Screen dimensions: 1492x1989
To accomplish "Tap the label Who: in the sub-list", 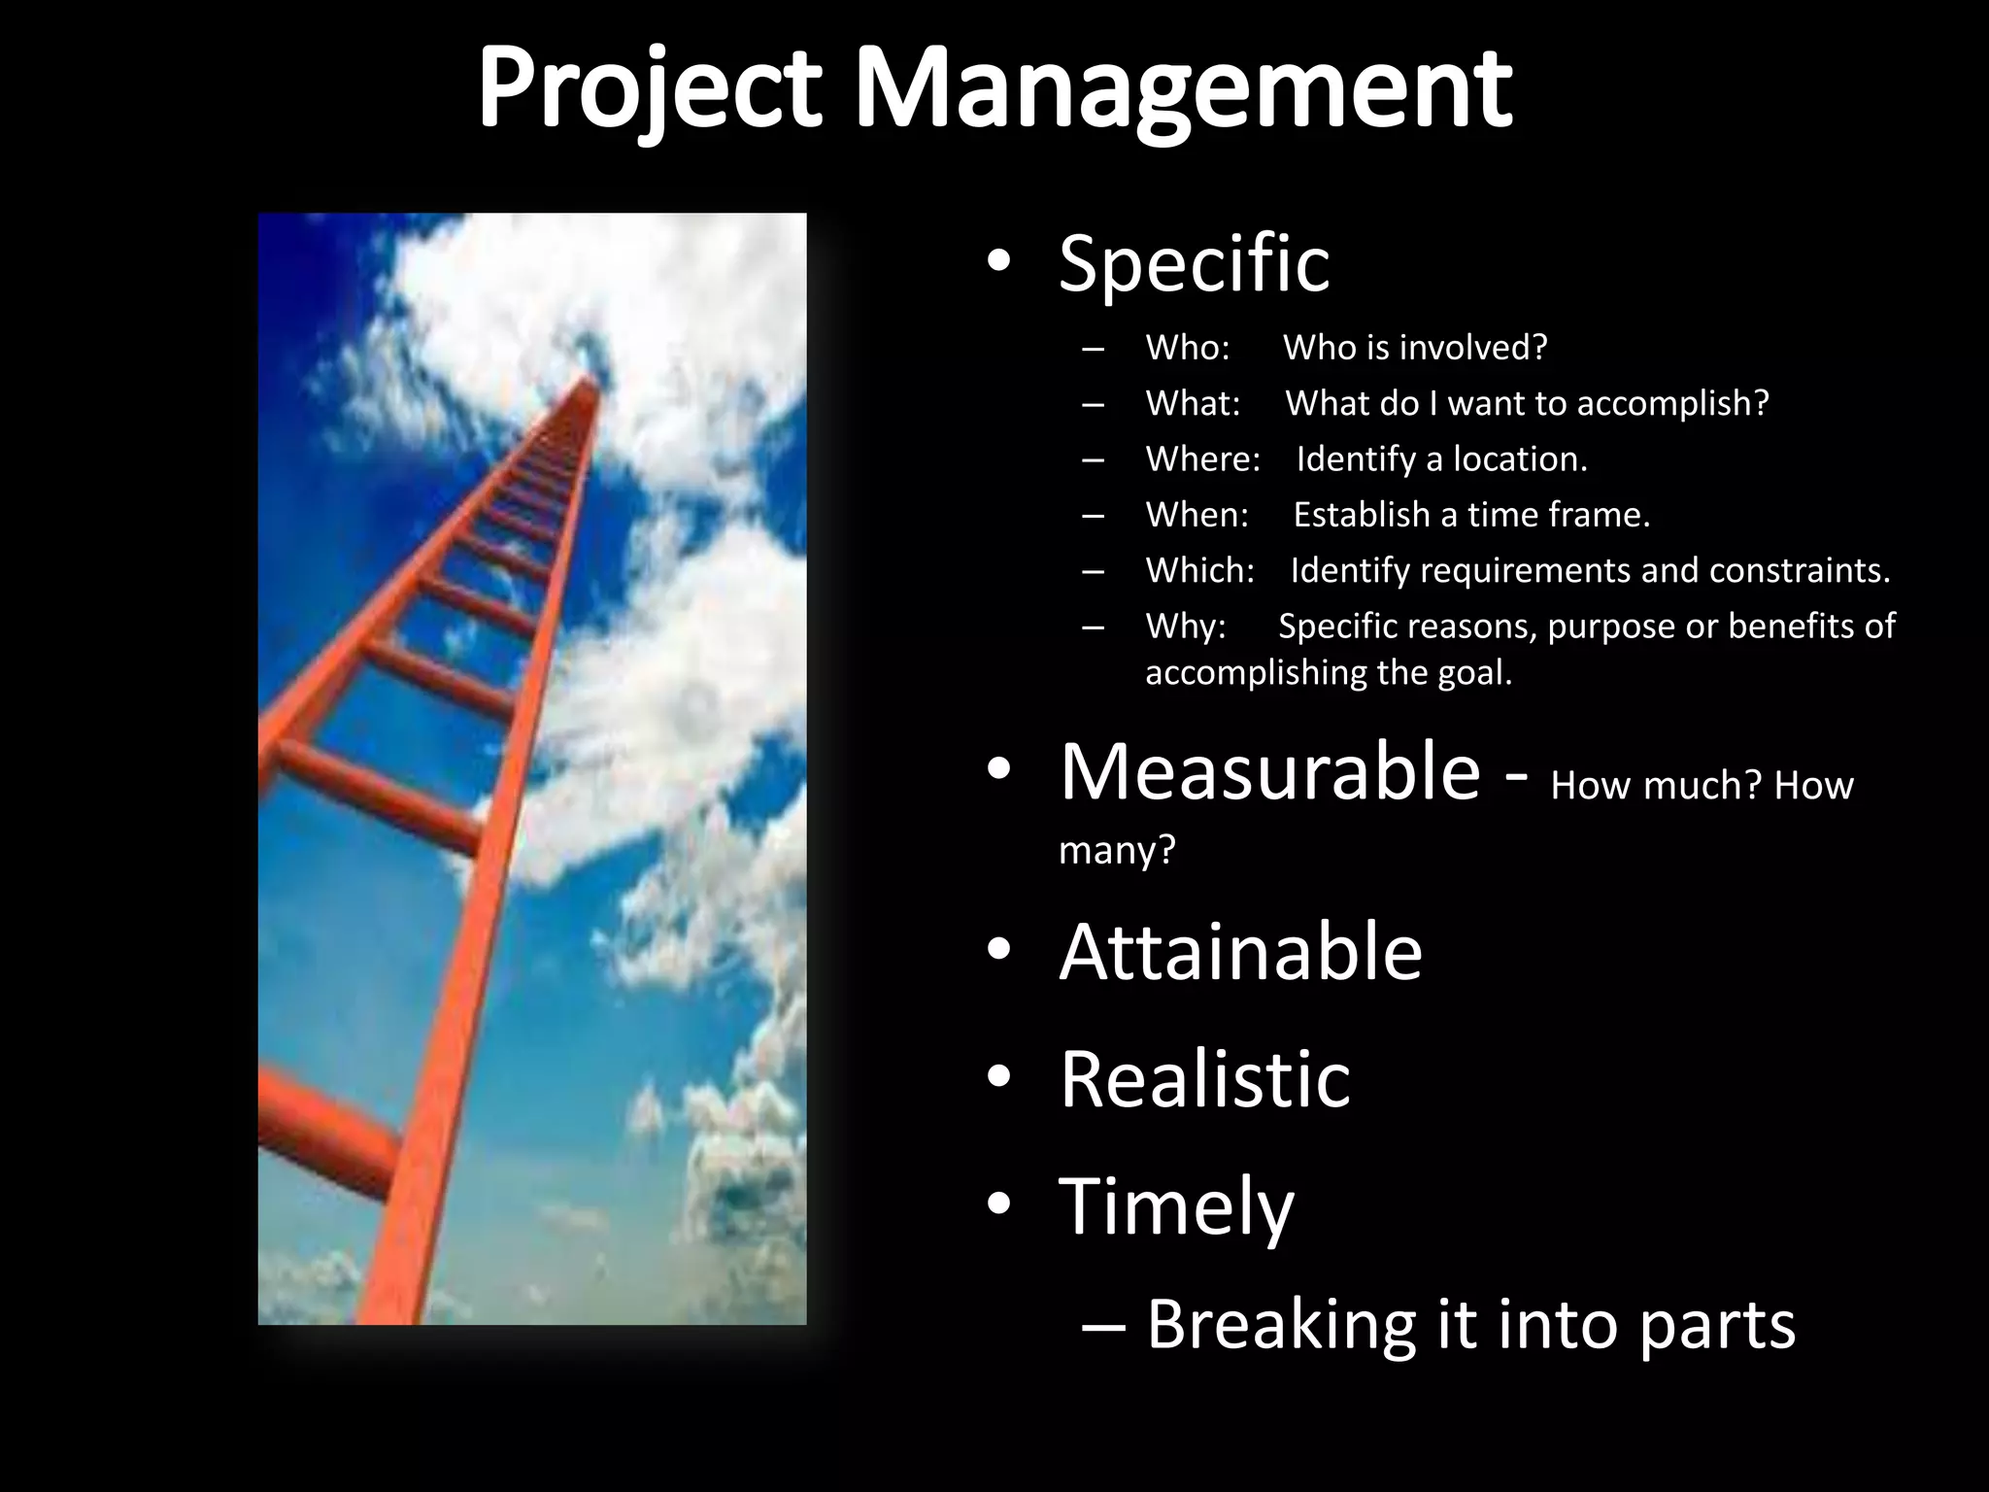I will (x=1188, y=348).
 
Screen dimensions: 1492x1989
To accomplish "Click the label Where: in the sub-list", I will (x=1202, y=458).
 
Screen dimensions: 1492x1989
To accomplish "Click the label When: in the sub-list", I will (x=1197, y=515).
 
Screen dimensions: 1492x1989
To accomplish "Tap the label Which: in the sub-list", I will (x=1200, y=570).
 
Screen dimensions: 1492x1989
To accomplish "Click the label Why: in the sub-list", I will (x=1186, y=627).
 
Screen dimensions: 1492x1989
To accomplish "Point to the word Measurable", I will (x=1269, y=772).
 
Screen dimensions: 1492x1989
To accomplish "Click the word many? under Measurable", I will (x=1117, y=851).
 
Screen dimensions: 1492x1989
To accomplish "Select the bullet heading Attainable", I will (x=1240, y=952).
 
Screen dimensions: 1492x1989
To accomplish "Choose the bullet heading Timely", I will (x=1176, y=1205).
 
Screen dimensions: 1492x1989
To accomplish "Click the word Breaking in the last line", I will (x=1280, y=1324).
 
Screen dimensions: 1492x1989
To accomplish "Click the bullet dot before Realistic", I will (x=998, y=1078).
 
